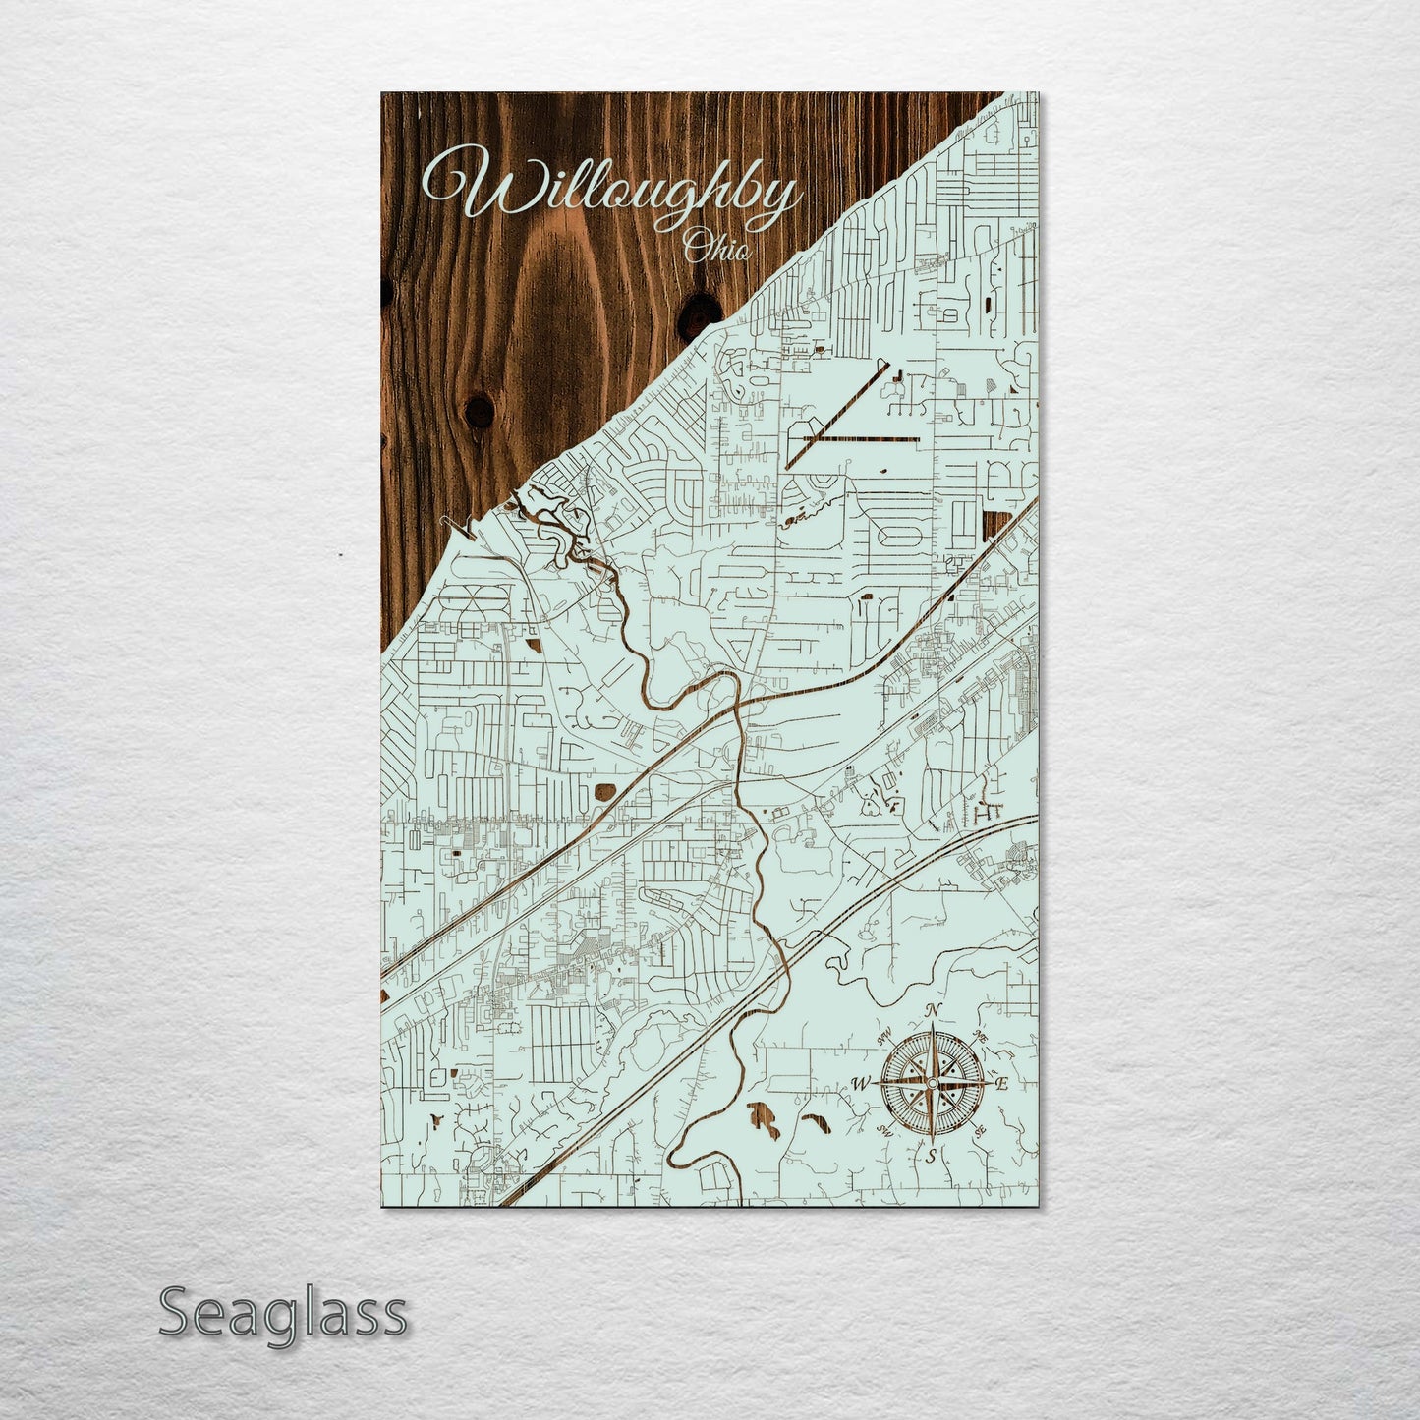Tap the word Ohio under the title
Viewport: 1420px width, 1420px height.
pyautogui.click(x=717, y=247)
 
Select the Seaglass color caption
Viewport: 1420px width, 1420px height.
pyautogui.click(x=282, y=1314)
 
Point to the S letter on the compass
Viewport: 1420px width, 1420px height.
pyautogui.click(x=931, y=1157)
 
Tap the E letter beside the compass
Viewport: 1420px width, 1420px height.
pyautogui.click(x=1002, y=1084)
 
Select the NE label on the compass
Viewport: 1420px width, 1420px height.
pyautogui.click(x=980, y=1036)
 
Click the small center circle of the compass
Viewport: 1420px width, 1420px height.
pyautogui.click(x=931, y=1084)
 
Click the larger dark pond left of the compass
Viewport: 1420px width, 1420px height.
pyautogui.click(x=764, y=1119)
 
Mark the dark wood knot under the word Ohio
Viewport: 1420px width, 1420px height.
pyautogui.click(x=701, y=312)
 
